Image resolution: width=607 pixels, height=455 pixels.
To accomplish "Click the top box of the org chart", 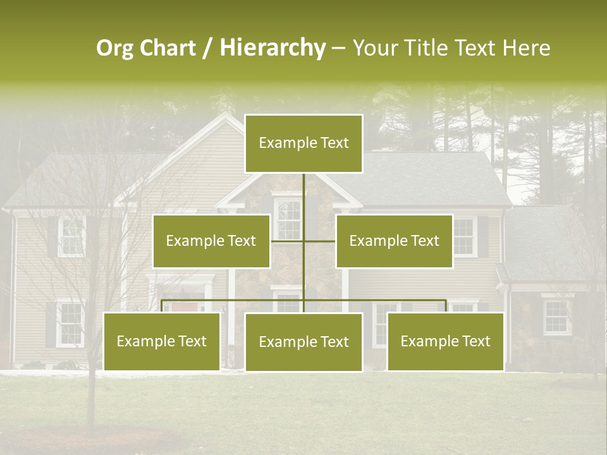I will (x=303, y=143).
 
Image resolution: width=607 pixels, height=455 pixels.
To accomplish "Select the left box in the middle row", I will (x=211, y=241).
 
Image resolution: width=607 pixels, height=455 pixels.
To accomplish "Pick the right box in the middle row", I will (x=394, y=241).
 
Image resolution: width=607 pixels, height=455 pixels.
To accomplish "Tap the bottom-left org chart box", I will (x=162, y=341).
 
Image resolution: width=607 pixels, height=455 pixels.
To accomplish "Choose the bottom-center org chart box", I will (x=303, y=342).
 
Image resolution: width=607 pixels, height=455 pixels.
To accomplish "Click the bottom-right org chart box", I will (x=445, y=341).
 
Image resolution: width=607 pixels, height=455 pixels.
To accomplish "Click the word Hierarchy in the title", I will (x=273, y=48).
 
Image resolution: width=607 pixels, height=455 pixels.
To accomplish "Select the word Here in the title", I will (x=526, y=48).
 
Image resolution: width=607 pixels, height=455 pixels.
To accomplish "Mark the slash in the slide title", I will (x=207, y=49).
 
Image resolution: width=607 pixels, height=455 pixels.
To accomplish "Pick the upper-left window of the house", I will (x=71, y=236).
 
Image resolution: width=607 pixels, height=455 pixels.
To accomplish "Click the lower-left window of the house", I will (x=70, y=324).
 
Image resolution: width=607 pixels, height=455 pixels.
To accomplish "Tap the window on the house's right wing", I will (x=556, y=317).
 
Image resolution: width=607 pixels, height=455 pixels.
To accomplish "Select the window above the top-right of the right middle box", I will (x=465, y=236).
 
